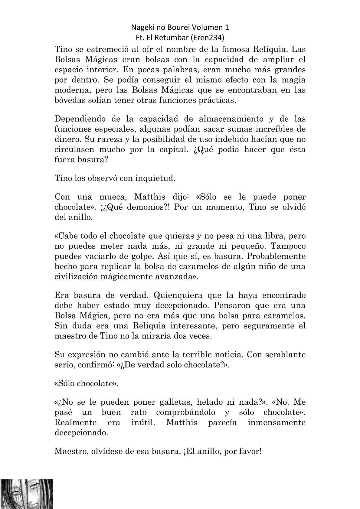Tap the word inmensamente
(277, 423)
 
